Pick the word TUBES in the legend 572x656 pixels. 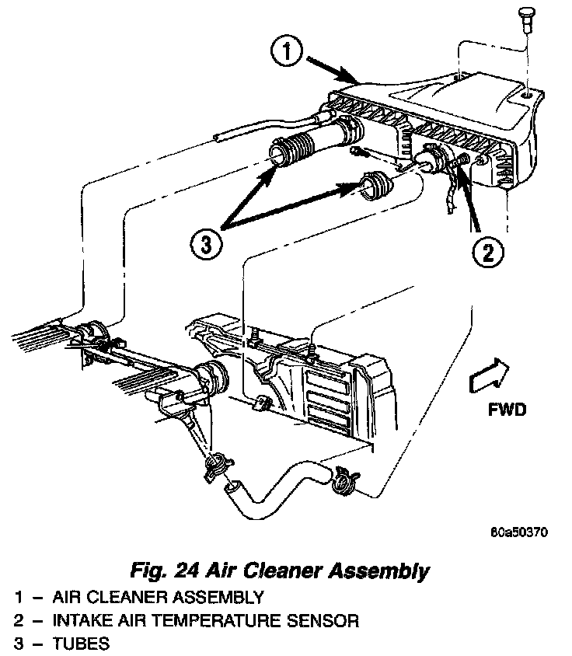(x=82, y=644)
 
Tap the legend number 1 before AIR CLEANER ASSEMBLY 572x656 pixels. (x=18, y=598)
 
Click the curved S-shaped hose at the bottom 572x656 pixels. (x=280, y=485)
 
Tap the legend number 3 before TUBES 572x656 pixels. (x=18, y=644)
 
